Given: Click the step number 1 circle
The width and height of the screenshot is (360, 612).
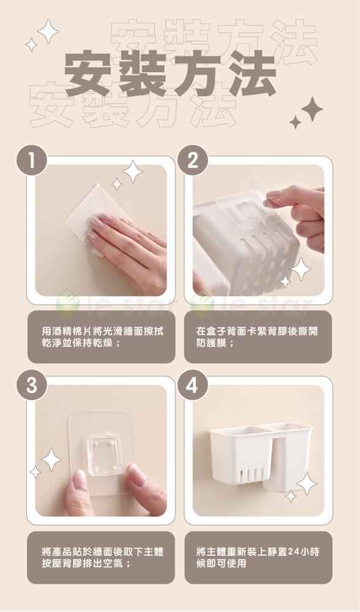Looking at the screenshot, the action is (x=32, y=160).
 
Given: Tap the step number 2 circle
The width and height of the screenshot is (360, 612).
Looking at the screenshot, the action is (x=192, y=160).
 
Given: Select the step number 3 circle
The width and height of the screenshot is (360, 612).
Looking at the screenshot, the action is (x=32, y=385).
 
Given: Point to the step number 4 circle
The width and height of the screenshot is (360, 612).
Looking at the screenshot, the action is (x=192, y=385).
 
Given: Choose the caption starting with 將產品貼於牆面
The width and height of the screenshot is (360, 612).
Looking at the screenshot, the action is (x=102, y=558).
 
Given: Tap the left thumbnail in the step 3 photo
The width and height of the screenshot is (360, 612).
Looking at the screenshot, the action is (x=80, y=480).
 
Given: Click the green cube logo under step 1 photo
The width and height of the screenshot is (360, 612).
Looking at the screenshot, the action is (x=68, y=302).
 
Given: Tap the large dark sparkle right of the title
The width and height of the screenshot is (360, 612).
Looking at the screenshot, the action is (x=312, y=109).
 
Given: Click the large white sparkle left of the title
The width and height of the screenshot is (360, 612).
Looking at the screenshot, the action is (x=48, y=31).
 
